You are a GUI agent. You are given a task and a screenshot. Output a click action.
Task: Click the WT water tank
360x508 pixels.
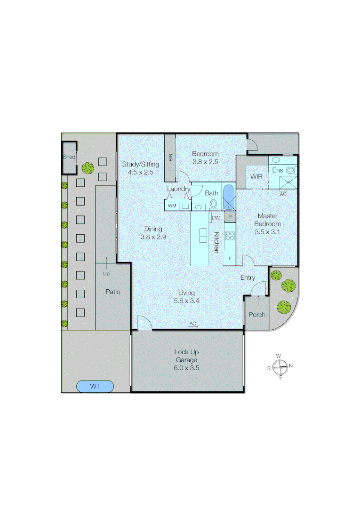(95, 387)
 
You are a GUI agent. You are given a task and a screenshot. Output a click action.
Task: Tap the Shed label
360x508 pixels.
(69, 157)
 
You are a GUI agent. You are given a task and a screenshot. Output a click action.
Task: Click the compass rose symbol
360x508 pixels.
(280, 366)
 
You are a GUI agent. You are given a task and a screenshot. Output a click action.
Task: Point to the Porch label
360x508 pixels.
(256, 315)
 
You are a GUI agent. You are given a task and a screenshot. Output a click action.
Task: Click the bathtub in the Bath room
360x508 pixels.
(228, 197)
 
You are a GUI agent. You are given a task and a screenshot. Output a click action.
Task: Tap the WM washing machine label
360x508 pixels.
(172, 206)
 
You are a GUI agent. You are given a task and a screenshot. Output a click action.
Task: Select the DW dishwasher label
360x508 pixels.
(216, 218)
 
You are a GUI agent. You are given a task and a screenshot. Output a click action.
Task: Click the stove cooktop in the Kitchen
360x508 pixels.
(230, 235)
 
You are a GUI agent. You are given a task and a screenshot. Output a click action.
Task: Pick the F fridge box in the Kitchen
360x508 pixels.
(230, 259)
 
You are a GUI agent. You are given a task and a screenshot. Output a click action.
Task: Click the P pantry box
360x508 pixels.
(230, 217)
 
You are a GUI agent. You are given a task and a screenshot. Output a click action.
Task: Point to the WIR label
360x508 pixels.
(256, 177)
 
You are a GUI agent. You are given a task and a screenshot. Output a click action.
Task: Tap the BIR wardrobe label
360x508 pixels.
(170, 158)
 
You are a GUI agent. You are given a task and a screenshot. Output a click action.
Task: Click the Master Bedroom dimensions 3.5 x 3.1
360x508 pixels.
(267, 231)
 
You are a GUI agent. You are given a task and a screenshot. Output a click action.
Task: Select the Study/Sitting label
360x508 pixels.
(141, 164)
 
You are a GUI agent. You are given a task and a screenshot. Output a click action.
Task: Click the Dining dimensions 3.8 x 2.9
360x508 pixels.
(153, 237)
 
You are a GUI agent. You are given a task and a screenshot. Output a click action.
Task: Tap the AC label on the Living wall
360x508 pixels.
(192, 324)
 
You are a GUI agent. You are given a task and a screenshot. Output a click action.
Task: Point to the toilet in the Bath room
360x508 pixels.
(213, 204)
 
